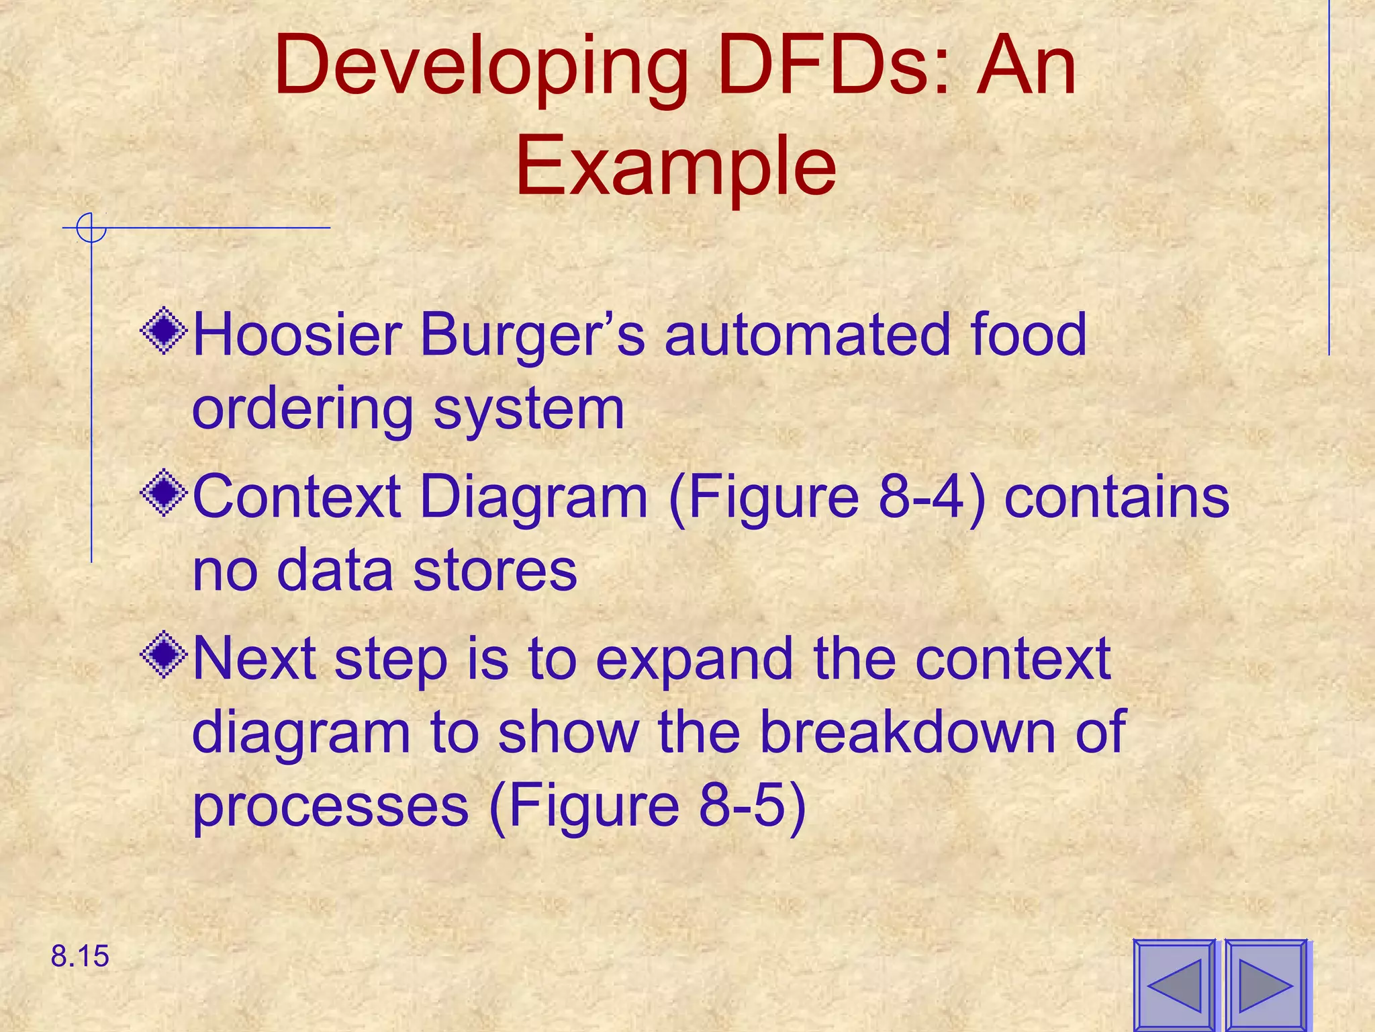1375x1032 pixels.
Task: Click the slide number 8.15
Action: (80, 956)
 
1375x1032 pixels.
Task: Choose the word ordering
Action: (303, 410)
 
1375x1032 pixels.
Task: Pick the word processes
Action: (330, 806)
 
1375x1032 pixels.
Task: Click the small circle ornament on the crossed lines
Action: (91, 228)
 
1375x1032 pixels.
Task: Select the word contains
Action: (1117, 497)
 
